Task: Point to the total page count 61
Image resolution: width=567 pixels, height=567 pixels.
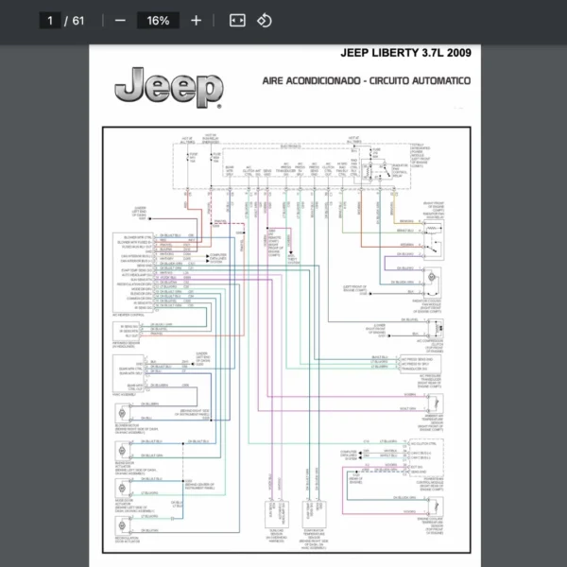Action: click(77, 20)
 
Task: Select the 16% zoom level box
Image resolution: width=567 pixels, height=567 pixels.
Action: click(158, 20)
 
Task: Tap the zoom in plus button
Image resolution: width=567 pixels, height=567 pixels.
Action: click(196, 20)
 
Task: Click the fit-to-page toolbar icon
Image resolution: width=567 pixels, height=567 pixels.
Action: click(237, 20)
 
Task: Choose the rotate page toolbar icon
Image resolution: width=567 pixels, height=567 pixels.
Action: click(265, 20)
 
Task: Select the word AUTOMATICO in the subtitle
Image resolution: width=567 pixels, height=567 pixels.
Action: click(437, 81)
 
